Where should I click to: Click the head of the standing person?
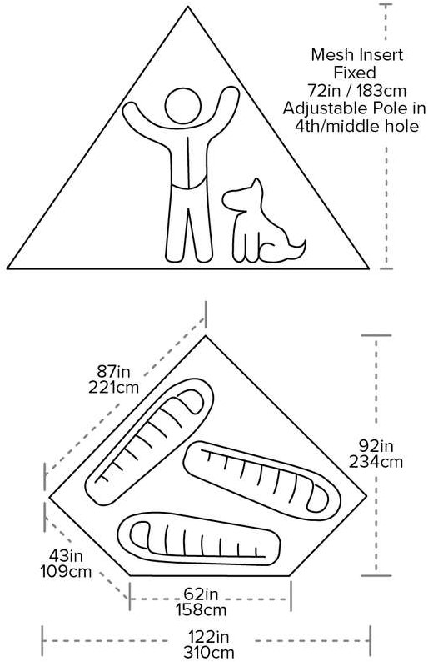coord(182,107)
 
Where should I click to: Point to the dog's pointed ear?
coord(256,188)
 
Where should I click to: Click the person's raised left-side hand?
coord(132,111)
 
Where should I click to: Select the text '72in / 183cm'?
coord(356,91)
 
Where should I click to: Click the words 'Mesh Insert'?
coord(356,54)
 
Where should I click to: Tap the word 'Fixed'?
coord(355,73)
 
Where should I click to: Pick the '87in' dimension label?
coord(113,372)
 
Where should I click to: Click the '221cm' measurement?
coord(113,387)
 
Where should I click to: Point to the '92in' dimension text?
coord(376,445)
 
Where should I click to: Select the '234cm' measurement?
coord(376,461)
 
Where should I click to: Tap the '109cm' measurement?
coord(66,571)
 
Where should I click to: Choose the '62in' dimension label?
coord(202,594)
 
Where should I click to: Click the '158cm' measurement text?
coord(202,609)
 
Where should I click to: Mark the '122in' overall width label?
coord(209,636)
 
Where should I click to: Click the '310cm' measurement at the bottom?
coord(209,652)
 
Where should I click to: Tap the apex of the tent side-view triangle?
coord(188,7)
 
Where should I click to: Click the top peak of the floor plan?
coord(206,336)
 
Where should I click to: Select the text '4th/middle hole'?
coord(356,126)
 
